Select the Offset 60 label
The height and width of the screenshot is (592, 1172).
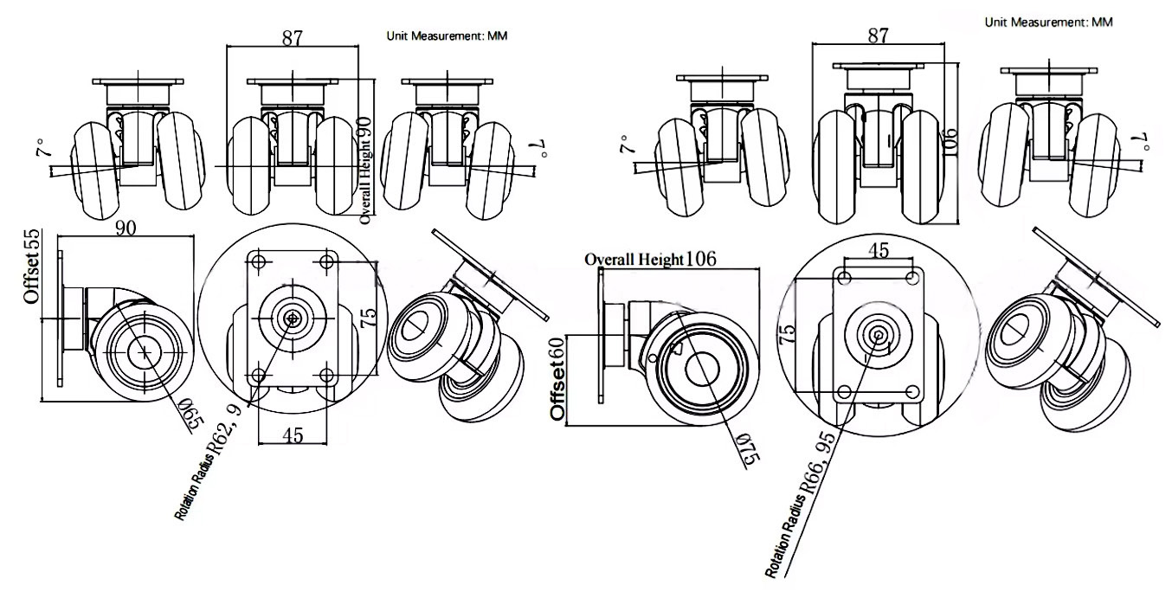559,378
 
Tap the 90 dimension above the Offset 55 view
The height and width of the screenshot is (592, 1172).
127,227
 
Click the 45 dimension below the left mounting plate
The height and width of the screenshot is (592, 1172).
293,435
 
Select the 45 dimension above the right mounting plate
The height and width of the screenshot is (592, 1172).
879,250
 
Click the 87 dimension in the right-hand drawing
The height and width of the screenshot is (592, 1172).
878,35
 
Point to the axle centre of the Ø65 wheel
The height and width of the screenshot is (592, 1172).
144,351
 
